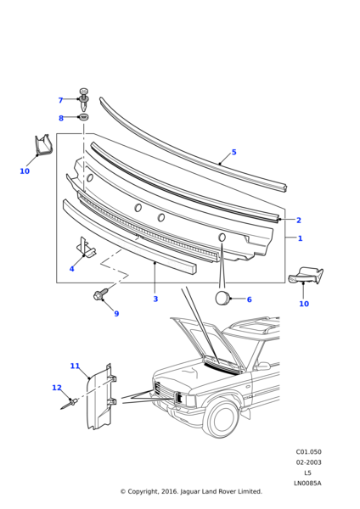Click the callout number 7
click(x=60, y=100)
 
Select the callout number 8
click(x=61, y=118)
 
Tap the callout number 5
click(x=234, y=152)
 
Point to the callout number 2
click(x=299, y=220)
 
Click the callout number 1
click(x=301, y=238)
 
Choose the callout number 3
click(x=155, y=299)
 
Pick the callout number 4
click(x=72, y=269)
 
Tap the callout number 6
click(x=250, y=299)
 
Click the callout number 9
click(x=116, y=314)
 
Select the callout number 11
click(x=75, y=366)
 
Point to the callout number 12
click(x=57, y=388)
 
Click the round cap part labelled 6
click(x=223, y=299)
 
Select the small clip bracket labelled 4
click(x=86, y=247)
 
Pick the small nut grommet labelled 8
click(x=84, y=116)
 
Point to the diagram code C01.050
click(x=308, y=452)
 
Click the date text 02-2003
click(x=308, y=462)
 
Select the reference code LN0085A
click(x=307, y=483)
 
